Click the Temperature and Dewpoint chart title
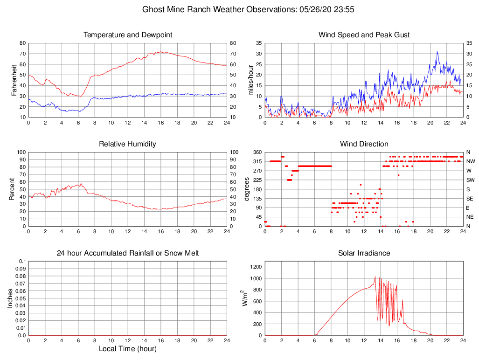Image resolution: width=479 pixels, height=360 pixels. pyautogui.click(x=127, y=35)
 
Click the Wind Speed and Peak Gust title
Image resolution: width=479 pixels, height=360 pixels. pyautogui.click(x=364, y=35)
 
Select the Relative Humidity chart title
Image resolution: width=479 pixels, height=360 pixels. pyautogui.click(x=127, y=144)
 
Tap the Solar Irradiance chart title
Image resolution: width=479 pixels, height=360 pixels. pyautogui.click(x=364, y=253)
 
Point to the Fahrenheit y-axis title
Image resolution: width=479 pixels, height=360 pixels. pyautogui.click(x=14, y=80)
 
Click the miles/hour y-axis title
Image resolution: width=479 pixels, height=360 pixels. pyautogui.click(x=251, y=80)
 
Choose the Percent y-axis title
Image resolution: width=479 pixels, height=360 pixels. pyautogui.click(x=12, y=189)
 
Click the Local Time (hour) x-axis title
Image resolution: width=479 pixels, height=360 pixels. pyautogui.click(x=127, y=349)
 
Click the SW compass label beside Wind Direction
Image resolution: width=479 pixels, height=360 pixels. pyautogui.click(x=470, y=180)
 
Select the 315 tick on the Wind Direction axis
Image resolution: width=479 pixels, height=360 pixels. pyautogui.click(x=257, y=161)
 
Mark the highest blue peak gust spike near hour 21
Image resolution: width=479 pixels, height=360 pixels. pyautogui.click(x=437, y=51)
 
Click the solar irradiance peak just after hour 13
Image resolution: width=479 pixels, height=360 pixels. pyautogui.click(x=375, y=276)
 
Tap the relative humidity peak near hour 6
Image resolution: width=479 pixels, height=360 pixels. pyautogui.click(x=80, y=183)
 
